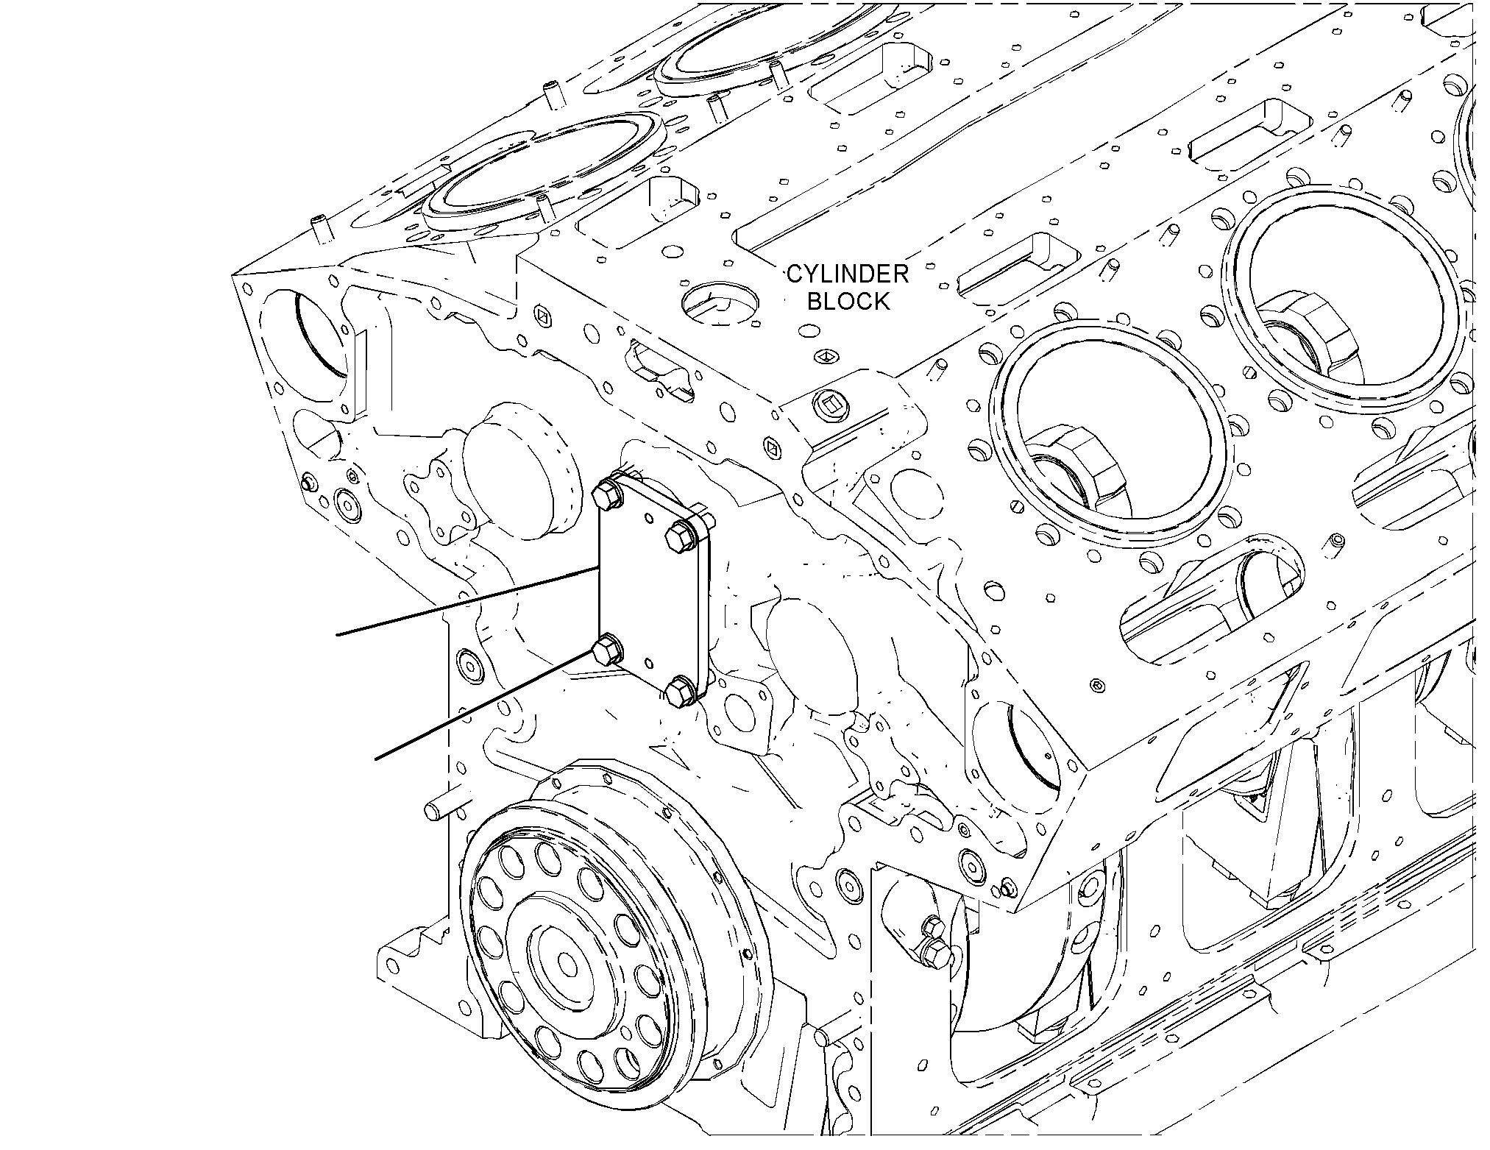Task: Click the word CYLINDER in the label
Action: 848,274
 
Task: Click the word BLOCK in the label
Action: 848,301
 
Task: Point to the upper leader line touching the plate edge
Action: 468,600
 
